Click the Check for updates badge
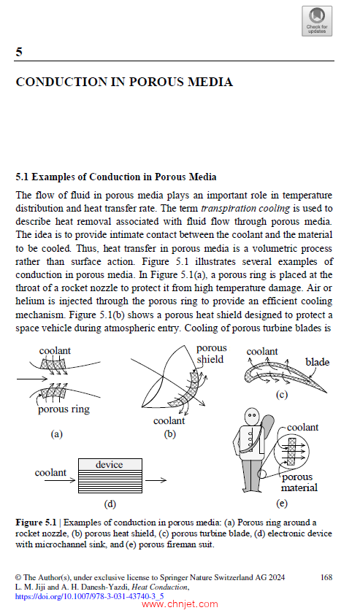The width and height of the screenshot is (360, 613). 317,21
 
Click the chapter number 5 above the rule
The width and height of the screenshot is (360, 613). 19,52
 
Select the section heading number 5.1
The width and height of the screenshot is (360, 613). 22,177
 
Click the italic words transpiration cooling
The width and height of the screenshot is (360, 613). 245,209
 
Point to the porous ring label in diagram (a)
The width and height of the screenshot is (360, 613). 64,409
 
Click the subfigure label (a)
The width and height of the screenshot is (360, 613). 57,434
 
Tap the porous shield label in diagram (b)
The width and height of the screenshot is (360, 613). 211,354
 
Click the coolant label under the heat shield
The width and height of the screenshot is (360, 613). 169,421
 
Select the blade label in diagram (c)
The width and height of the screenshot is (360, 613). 318,363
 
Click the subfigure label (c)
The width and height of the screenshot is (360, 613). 282,395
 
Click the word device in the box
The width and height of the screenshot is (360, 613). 110,464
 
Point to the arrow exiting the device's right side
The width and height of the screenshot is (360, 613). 156,480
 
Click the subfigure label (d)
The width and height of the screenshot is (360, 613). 110,504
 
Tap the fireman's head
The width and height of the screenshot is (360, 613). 252,417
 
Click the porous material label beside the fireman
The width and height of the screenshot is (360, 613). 299,482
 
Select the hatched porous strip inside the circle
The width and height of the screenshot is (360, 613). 291,451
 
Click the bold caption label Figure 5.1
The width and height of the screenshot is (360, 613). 36,523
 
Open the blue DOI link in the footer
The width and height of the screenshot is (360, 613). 89,597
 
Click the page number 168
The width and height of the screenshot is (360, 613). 326,577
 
